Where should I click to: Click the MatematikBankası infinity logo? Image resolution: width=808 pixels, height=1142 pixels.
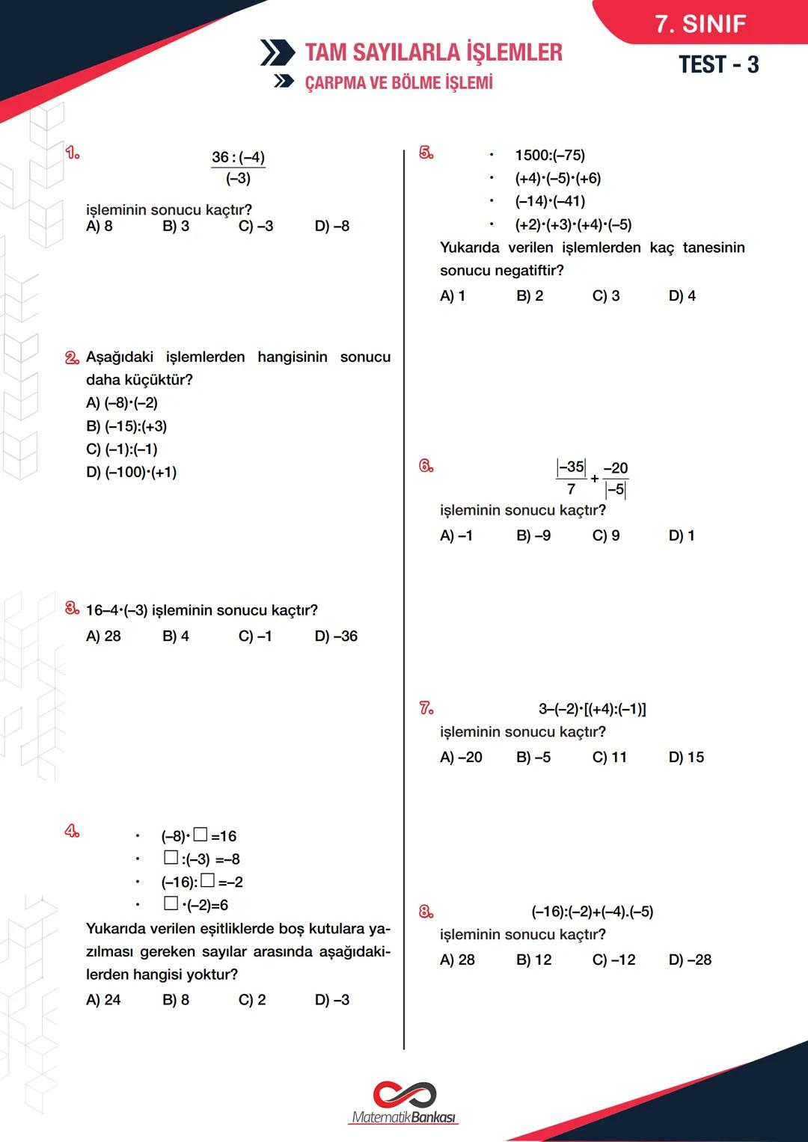pos(404,1095)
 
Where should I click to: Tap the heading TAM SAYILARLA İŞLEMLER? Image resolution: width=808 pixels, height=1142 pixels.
pos(433,52)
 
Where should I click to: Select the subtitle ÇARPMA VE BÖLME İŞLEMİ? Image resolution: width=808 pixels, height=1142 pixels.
pos(399,82)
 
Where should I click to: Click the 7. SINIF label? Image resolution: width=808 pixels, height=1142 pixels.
pos(700,24)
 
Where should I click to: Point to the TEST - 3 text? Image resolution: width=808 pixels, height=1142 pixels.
pos(718,65)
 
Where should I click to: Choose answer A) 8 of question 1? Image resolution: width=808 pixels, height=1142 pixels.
pos(100,226)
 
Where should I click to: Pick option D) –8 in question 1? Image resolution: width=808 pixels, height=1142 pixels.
pos(331,226)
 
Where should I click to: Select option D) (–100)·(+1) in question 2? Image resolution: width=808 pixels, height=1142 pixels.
pos(132,473)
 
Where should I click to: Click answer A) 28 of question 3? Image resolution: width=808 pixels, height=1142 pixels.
pos(103,636)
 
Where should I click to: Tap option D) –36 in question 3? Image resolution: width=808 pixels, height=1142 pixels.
pos(336,636)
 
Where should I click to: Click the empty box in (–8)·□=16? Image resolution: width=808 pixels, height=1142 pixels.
pos(201,835)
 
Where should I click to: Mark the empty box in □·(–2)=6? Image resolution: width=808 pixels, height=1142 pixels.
pos(171,903)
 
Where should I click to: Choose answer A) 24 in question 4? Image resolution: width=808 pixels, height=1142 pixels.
pos(103,1000)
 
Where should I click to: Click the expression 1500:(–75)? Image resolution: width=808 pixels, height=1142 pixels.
pos(550,156)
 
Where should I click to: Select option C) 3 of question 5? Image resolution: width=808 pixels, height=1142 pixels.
pos(605,296)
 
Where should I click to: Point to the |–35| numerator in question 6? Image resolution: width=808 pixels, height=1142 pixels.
pos(572,467)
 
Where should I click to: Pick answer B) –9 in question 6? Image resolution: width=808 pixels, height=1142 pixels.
pos(533,535)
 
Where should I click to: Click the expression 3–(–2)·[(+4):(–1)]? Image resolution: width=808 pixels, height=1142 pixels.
pos(593,709)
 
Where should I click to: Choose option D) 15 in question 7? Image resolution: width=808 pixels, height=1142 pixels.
pos(686,758)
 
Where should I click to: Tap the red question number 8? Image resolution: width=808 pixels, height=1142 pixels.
pos(426,912)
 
